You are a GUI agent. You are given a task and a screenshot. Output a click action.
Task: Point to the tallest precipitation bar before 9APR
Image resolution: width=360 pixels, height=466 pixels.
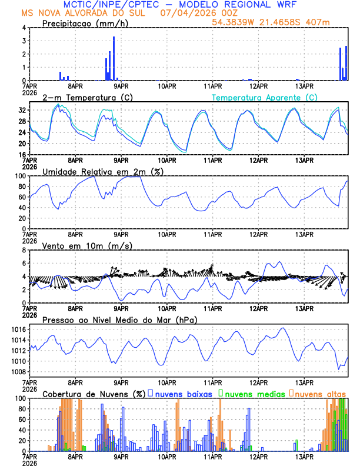pos(114,58)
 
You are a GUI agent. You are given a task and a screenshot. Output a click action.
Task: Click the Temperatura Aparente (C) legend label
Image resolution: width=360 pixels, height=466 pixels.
pos(264,97)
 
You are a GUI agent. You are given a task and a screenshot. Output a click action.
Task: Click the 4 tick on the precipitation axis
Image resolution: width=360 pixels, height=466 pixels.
pos(24,28)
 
